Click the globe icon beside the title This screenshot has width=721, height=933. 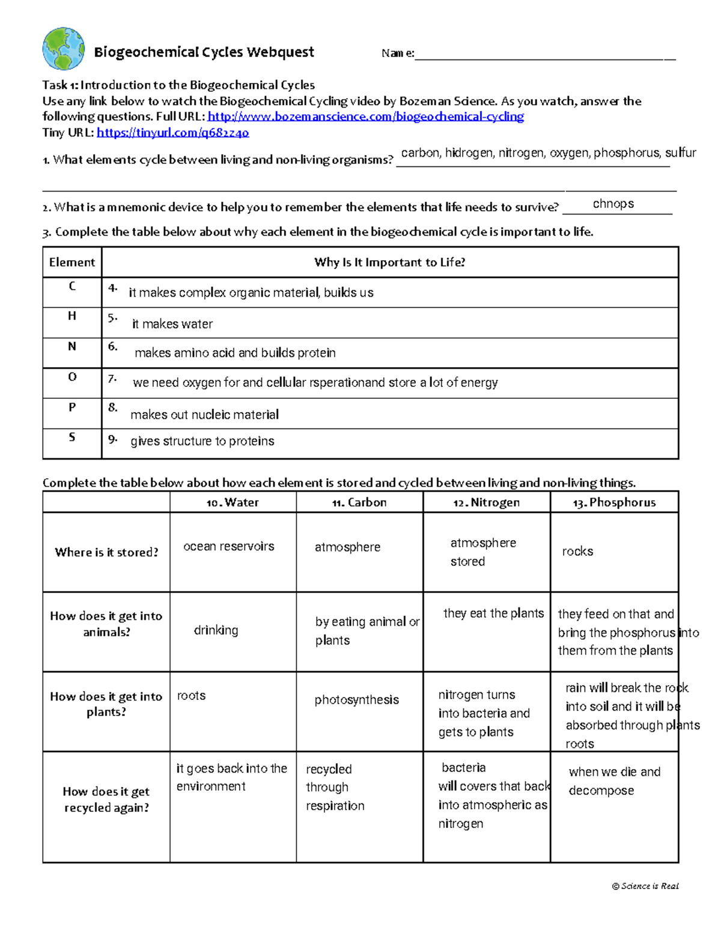point(63,49)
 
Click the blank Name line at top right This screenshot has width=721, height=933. point(544,54)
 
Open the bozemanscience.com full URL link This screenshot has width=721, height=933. point(365,117)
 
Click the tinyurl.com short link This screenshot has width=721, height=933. point(172,133)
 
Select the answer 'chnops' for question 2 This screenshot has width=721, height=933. point(613,204)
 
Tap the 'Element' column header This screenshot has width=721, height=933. point(72,263)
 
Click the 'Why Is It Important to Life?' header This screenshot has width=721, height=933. point(389,263)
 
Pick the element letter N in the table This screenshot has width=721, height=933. point(72,347)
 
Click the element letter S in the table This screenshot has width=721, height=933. point(72,437)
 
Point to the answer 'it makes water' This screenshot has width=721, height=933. point(172,324)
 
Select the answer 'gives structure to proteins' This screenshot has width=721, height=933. point(202,442)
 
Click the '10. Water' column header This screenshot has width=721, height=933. point(233,503)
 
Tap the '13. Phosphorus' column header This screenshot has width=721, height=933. point(614,503)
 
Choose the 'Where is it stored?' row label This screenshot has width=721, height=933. point(106,553)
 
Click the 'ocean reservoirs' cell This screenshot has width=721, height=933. point(229,547)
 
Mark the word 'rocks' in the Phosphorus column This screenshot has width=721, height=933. point(577,552)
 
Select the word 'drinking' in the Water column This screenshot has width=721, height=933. point(216,630)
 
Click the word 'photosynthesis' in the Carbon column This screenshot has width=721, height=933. point(356,700)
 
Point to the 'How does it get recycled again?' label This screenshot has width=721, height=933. point(106,800)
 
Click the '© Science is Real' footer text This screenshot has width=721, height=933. point(645,886)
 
